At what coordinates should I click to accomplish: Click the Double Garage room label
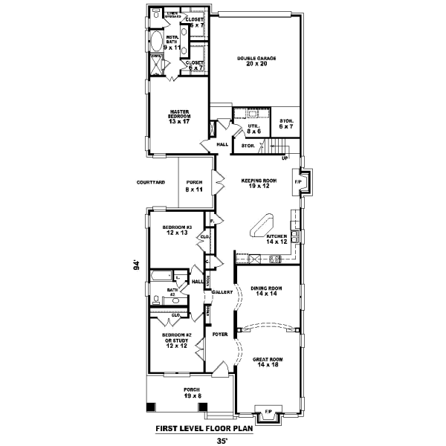252,61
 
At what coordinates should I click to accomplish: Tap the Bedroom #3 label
178,230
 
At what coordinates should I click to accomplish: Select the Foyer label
219,335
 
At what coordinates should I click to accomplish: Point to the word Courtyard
151,182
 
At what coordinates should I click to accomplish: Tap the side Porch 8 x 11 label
195,186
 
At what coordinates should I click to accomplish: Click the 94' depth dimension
136,265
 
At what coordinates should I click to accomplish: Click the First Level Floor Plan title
204,428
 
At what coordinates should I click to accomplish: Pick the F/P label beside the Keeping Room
298,182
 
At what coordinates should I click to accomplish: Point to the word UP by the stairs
284,158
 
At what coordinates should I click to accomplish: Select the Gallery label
221,292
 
